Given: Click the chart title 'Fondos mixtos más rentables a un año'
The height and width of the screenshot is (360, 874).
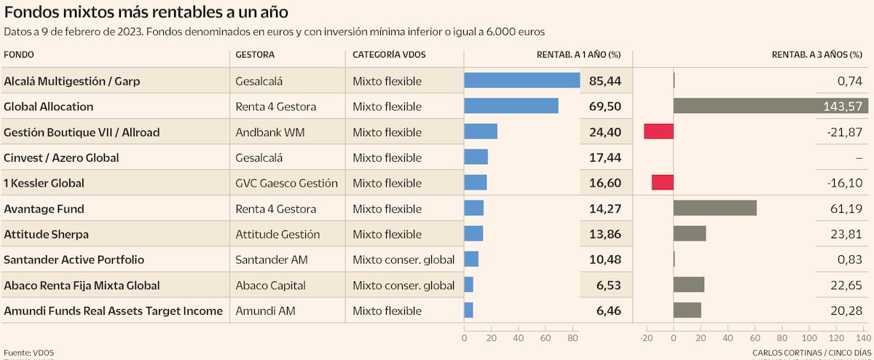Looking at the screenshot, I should coord(146,12).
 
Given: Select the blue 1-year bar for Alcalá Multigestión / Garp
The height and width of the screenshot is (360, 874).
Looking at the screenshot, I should coord(521,80).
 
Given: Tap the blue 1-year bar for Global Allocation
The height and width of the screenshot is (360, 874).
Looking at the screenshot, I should coord(511,106).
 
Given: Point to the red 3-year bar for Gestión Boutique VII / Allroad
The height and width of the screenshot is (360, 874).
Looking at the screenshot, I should coord(658,131).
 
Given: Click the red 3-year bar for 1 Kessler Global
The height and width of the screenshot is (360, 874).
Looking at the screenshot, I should coord(662,182).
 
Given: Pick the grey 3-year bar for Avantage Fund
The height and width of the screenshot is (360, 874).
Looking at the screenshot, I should coord(715,208).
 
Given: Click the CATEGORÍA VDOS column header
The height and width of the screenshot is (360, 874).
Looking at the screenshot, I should coord(389,55).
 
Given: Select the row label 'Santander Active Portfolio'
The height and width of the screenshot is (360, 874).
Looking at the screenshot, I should coord(74,259).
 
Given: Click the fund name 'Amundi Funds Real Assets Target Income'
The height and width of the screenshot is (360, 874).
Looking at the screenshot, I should coord(113,310).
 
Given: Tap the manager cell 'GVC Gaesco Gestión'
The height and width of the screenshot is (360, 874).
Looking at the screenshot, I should coord(287,183).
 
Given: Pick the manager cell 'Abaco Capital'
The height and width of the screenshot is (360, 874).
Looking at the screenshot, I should coord(270,285).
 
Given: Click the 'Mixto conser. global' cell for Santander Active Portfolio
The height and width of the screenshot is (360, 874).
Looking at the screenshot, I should coord(403,259).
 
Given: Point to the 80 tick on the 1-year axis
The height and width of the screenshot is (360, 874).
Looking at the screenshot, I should coord(572,338).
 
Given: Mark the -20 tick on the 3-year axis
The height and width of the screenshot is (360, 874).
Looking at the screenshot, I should coord(646,338).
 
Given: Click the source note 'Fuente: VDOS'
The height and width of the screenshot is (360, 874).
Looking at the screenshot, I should coord(28,353).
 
